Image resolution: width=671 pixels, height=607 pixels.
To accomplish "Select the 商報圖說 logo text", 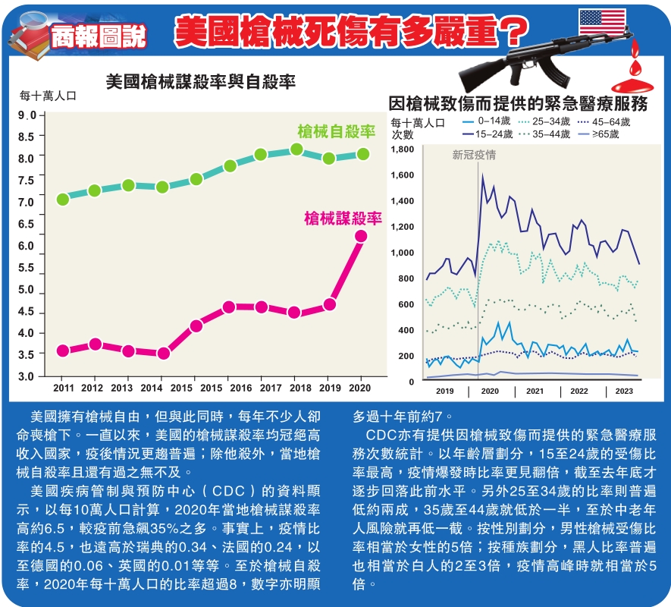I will pyautogui.click(x=98, y=35).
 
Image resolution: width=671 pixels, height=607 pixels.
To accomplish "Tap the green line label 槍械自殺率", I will pyautogui.click(x=337, y=132).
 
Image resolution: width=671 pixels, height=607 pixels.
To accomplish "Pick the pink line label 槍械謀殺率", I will pyautogui.click(x=342, y=219).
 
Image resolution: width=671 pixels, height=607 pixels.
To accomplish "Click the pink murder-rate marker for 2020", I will pyautogui.click(x=361, y=236).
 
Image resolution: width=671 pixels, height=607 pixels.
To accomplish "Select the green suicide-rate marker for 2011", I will pyautogui.click(x=63, y=199).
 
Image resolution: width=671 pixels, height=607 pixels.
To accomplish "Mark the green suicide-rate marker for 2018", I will pyautogui.click(x=296, y=149).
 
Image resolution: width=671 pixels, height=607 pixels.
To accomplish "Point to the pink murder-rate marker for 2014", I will pyautogui.click(x=163, y=353).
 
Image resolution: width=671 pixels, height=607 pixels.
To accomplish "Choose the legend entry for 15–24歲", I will pyautogui.click(x=494, y=134).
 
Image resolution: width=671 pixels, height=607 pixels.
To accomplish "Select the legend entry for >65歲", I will pyautogui.click(x=603, y=134).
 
